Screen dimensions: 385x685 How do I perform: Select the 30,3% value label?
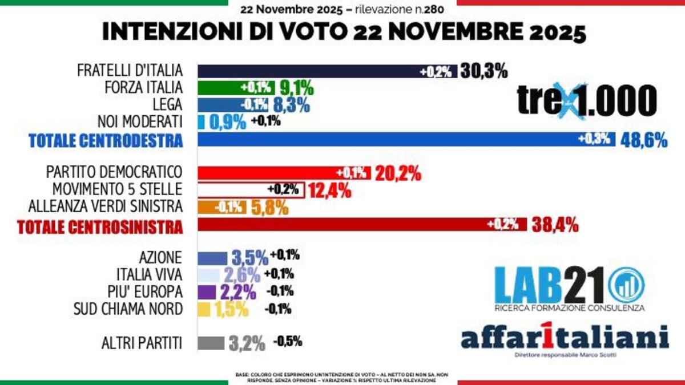click(x=484, y=71)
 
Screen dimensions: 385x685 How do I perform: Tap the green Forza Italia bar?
click(x=237, y=88)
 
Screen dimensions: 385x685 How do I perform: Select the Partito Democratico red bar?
click(x=283, y=173)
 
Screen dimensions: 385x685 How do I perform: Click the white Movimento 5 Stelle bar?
click(x=251, y=190)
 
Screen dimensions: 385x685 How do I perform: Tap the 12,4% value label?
click(x=329, y=191)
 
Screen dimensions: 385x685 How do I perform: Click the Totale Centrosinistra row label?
click(x=100, y=227)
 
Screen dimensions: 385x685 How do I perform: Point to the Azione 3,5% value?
click(x=250, y=258)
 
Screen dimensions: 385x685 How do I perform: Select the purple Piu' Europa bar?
click(x=207, y=292)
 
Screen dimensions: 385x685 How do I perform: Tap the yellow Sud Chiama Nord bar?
click(x=204, y=309)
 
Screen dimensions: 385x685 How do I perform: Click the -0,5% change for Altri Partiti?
click(x=287, y=342)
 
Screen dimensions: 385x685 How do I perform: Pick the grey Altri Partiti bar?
click(x=210, y=343)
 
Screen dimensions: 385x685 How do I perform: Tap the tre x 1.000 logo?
click(x=587, y=101)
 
